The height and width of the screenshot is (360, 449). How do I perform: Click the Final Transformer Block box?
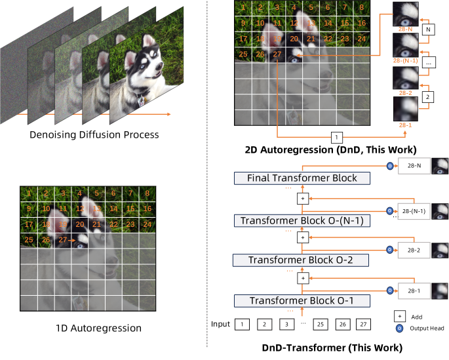tap(302, 178)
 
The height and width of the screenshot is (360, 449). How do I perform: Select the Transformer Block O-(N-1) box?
tap(302, 220)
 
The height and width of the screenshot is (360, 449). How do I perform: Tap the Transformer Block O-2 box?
tap(302, 260)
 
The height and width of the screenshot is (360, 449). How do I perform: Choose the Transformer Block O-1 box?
tap(302, 301)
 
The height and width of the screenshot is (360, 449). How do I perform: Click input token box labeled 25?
tap(320, 324)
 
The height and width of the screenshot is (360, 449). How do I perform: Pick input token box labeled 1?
tap(243, 324)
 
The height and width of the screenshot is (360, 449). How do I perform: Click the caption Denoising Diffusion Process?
tap(94, 135)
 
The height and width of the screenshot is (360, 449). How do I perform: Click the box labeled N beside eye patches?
tap(429, 30)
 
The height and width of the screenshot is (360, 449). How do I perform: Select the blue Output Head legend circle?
tap(399, 328)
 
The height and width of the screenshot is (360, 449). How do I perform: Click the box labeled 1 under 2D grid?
tap(336, 138)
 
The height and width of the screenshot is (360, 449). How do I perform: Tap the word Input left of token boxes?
tap(221, 324)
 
